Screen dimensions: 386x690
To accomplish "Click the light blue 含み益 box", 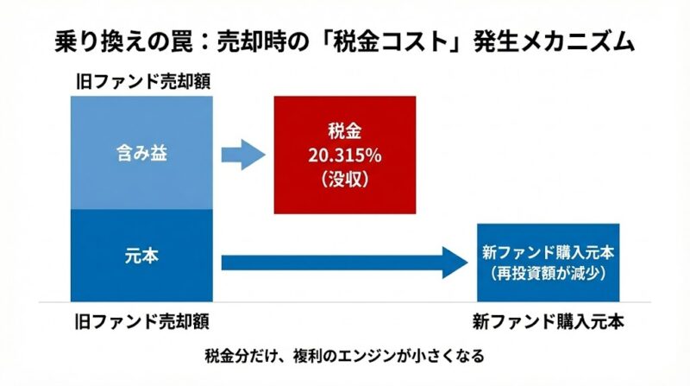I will pyautogui.click(x=141, y=154).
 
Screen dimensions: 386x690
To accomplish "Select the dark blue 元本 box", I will pyautogui.click(x=141, y=256).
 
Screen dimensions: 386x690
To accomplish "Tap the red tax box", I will pyautogui.click(x=344, y=155).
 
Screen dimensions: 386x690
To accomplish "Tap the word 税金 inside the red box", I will pyautogui.click(x=344, y=134).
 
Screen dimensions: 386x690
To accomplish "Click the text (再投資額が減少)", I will pyautogui.click(x=548, y=270).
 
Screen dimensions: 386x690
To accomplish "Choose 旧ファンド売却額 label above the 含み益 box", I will pyautogui.click(x=141, y=83).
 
